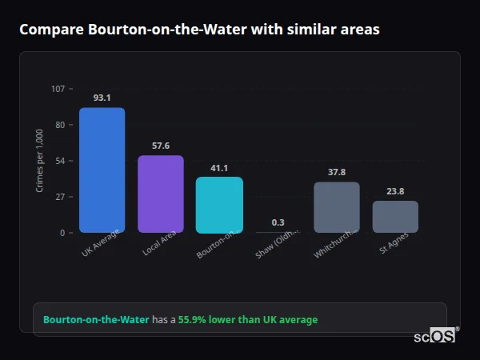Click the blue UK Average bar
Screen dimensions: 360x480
[102, 170]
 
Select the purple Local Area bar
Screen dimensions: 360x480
[160, 194]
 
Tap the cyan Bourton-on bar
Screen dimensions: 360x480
[219, 205]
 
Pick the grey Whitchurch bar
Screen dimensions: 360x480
[336, 207]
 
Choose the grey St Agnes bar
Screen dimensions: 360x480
[395, 217]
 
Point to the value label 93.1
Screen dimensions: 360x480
[102, 98]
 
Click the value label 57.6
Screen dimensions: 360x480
[161, 146]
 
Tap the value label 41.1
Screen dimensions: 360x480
[219, 168]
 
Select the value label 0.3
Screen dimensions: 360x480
[278, 222]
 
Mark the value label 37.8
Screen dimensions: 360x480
[337, 172]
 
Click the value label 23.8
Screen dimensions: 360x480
[395, 191]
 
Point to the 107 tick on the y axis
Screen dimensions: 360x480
[58, 89]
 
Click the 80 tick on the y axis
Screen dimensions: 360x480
[60, 125]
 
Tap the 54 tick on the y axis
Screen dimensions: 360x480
[60, 161]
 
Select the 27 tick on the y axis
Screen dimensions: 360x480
[60, 197]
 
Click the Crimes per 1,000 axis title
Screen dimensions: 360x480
[40, 161]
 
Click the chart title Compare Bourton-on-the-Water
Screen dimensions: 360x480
[199, 30]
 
